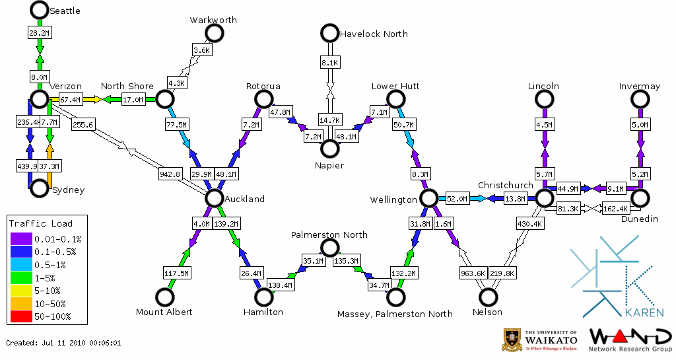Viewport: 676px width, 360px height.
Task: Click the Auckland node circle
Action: pos(214,198)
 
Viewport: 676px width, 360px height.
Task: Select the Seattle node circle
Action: pos(39,10)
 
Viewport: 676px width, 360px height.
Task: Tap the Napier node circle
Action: pos(329,149)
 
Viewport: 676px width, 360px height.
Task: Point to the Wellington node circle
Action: pos(429,198)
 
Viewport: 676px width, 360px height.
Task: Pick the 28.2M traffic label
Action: pos(39,32)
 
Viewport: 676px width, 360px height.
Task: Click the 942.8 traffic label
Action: pos(170,174)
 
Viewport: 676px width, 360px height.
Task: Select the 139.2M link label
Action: pos(227,224)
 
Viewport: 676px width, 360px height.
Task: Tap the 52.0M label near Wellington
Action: pos(457,198)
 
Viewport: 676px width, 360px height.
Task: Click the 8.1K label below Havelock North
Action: pos(329,63)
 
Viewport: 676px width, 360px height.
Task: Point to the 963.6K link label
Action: pos(473,273)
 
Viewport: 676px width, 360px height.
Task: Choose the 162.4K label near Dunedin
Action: pos(615,209)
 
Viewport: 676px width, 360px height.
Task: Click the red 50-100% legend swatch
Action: pos(20,316)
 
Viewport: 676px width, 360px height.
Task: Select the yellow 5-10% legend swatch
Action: pos(20,290)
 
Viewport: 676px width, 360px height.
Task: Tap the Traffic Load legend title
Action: pos(41,223)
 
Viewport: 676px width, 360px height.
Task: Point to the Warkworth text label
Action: pos(213,20)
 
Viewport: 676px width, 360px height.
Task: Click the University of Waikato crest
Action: pos(512,339)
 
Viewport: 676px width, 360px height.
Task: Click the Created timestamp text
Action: pos(63,343)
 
